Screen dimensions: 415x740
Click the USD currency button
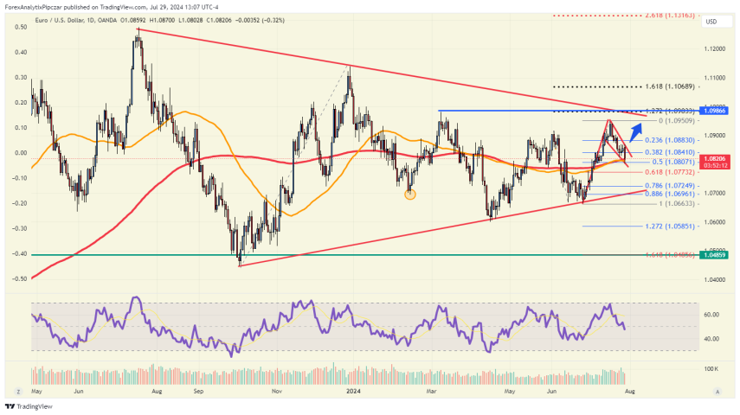click(x=711, y=22)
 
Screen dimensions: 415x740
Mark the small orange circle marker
click(x=410, y=195)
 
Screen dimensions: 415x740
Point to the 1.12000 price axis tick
click(x=715, y=49)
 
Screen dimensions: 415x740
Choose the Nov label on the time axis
click(x=276, y=391)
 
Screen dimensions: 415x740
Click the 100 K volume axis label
click(x=711, y=368)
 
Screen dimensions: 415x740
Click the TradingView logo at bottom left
click(x=23, y=406)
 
